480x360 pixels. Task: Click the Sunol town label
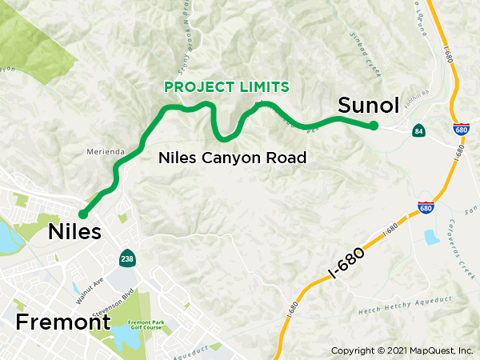(x=369, y=106)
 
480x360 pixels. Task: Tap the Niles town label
(x=75, y=232)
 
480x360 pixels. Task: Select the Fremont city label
(x=62, y=322)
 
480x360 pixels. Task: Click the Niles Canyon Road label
(x=233, y=158)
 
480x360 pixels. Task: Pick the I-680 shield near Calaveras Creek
(x=426, y=206)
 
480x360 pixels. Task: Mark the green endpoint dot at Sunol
(x=374, y=125)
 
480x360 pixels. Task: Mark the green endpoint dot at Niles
(x=82, y=214)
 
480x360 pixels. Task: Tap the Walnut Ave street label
(x=88, y=286)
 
